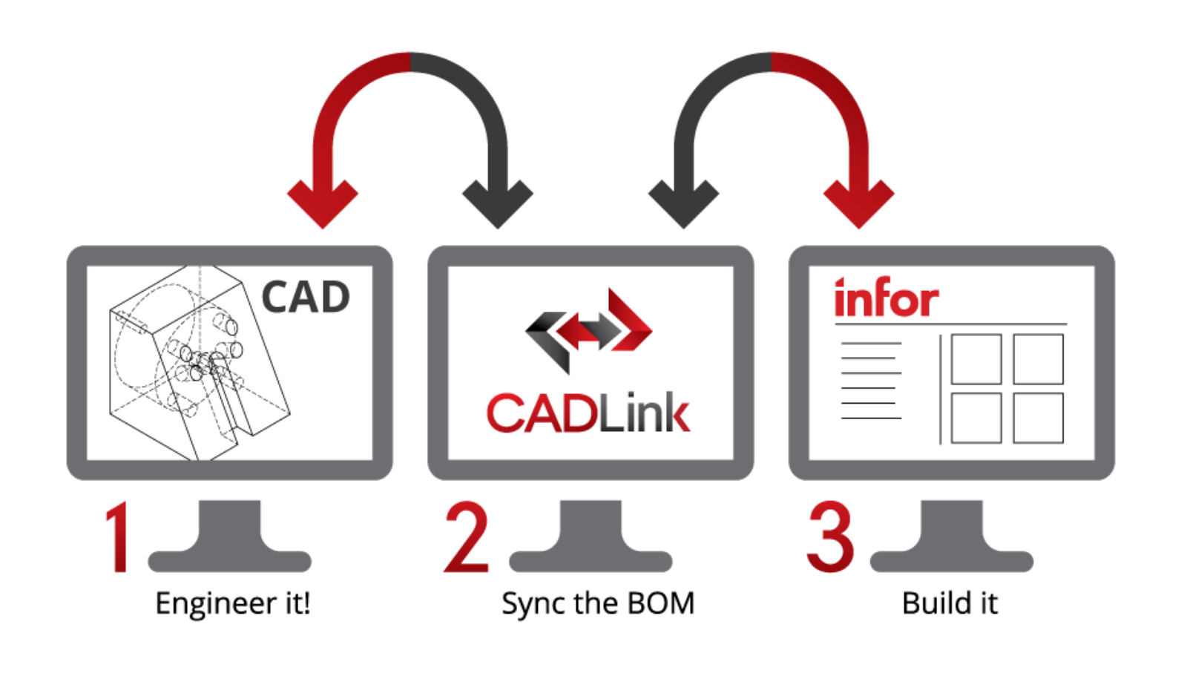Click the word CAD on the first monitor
click(305, 298)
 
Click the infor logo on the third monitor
click(886, 298)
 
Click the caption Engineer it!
click(232, 603)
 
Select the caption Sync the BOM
click(598, 603)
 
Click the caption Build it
click(950, 603)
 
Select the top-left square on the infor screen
click(976, 359)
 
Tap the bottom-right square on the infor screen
click(1038, 418)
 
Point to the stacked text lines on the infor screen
click(871, 381)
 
